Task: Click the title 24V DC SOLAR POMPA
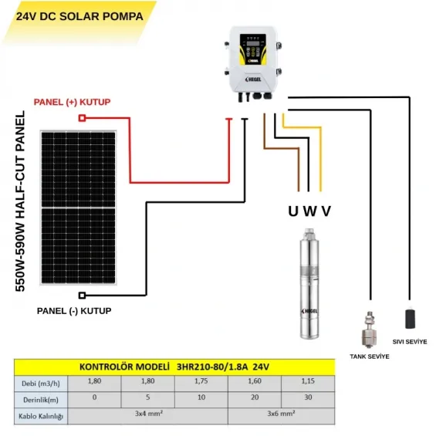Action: pos(79,15)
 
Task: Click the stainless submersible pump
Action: pos(309,286)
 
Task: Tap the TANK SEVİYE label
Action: pos(369,357)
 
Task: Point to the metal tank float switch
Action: pos(369,328)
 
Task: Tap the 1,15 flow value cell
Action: pos(306,381)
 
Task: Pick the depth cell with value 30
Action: pos(306,398)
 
